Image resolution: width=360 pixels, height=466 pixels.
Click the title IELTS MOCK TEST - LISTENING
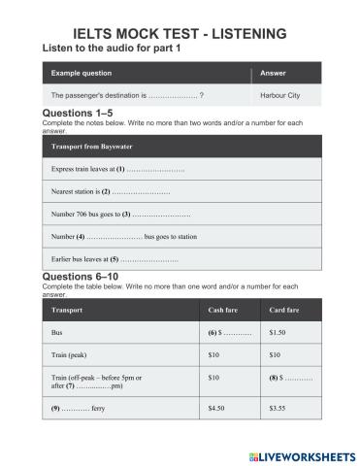tap(180, 34)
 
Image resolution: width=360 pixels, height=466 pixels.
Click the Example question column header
tap(82, 73)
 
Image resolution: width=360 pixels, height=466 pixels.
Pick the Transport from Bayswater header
tap(93, 146)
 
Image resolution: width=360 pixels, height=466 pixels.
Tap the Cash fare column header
tap(224, 310)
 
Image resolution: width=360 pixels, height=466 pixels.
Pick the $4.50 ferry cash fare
tap(217, 409)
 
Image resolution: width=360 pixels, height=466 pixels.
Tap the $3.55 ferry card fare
tap(278, 409)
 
